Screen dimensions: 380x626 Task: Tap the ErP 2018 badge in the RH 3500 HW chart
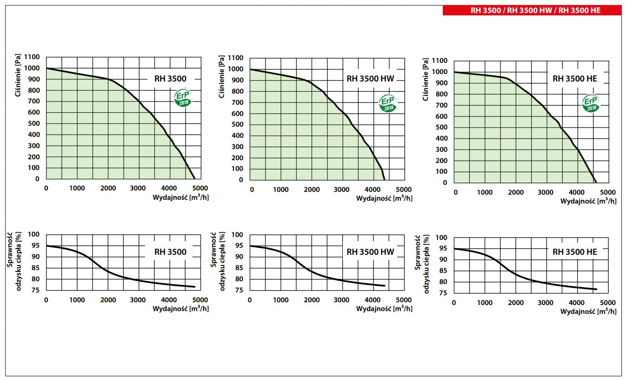[387, 103]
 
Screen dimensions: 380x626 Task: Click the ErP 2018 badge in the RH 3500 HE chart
[591, 103]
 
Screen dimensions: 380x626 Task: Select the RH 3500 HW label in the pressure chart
[370, 79]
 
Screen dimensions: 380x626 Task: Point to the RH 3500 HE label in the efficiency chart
[575, 252]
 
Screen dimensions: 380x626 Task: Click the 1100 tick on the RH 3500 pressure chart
[33, 57]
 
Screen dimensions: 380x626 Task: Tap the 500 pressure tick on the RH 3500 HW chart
[238, 124]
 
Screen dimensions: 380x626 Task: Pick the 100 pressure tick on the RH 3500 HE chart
[442, 171]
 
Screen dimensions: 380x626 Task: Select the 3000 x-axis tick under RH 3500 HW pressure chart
[342, 190]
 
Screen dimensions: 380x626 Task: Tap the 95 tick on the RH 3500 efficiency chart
[36, 246]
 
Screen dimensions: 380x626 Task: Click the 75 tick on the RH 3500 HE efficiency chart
[443, 293]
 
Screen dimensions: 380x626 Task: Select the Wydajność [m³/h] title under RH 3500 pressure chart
[180, 197]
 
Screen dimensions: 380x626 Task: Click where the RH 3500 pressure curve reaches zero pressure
[194, 179]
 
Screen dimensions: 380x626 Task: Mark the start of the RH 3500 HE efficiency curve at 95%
[454, 249]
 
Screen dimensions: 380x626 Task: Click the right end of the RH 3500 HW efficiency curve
[385, 285]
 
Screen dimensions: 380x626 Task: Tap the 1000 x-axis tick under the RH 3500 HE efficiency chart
[485, 303]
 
